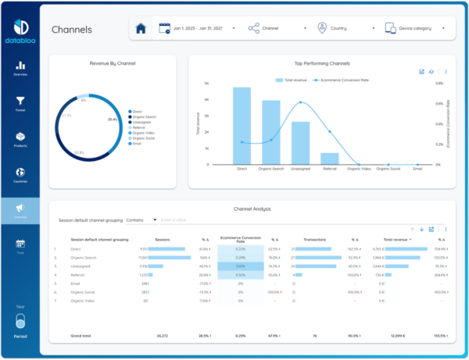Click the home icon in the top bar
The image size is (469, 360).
pos(141,29)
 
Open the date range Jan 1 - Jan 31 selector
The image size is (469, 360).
pos(199,29)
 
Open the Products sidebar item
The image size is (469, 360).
pos(21,139)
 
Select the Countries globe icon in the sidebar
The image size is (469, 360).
pos(21,176)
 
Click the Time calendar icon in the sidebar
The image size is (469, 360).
pos(21,247)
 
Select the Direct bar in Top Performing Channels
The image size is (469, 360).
pos(242,126)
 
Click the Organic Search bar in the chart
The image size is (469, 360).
pos(270,132)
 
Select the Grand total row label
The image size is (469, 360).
pos(81,336)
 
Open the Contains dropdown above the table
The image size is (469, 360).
pos(141,220)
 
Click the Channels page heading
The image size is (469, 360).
pos(71,30)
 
